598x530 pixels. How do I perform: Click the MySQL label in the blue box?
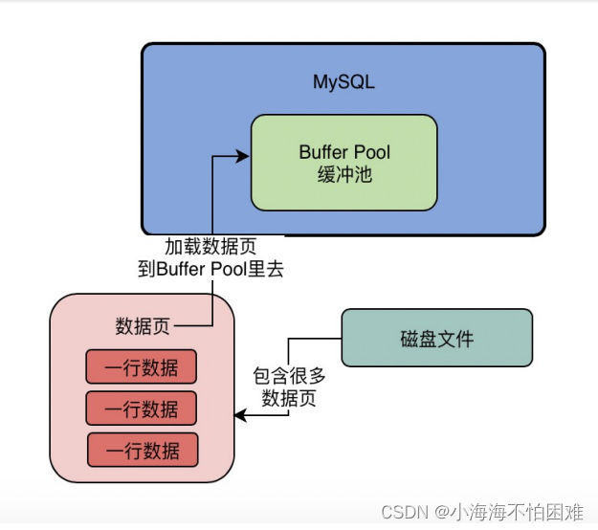[x=343, y=81]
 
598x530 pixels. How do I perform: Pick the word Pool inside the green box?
[x=372, y=152]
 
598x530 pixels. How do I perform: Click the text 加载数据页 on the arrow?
[x=210, y=247]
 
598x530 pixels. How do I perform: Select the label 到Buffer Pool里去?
[x=210, y=270]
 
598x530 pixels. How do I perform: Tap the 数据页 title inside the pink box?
[x=143, y=326]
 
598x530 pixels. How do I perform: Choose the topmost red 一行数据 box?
[x=142, y=366]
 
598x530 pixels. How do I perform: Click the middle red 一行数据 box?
[x=142, y=408]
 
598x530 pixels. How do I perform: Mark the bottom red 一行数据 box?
[x=143, y=450]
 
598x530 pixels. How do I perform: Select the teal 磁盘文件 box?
[x=436, y=338]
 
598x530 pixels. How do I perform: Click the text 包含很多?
[x=289, y=376]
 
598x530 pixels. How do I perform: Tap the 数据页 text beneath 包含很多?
[x=289, y=398]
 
